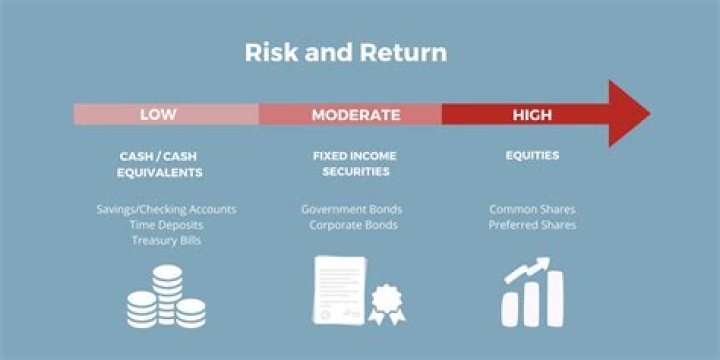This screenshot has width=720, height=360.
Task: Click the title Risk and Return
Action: coord(346,52)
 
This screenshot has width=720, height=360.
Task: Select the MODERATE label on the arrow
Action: coord(356,114)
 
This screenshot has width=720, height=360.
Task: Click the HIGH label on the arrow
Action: coord(532,114)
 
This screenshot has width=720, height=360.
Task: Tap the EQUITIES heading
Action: coord(532,156)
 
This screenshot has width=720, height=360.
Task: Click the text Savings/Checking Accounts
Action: coord(166,210)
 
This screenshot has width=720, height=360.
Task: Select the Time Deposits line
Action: coord(166,225)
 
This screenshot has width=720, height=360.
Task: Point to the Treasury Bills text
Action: coord(166,240)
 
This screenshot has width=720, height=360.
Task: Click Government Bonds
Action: coord(351,210)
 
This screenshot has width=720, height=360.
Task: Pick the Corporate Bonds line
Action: coord(352,225)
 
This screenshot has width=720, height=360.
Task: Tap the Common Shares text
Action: coord(532,210)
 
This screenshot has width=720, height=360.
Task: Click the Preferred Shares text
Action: coord(532,225)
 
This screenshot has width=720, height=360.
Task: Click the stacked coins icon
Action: coord(166,297)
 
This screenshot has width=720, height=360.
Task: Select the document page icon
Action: coord(339,290)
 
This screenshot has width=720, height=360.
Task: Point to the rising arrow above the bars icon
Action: coord(527,268)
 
